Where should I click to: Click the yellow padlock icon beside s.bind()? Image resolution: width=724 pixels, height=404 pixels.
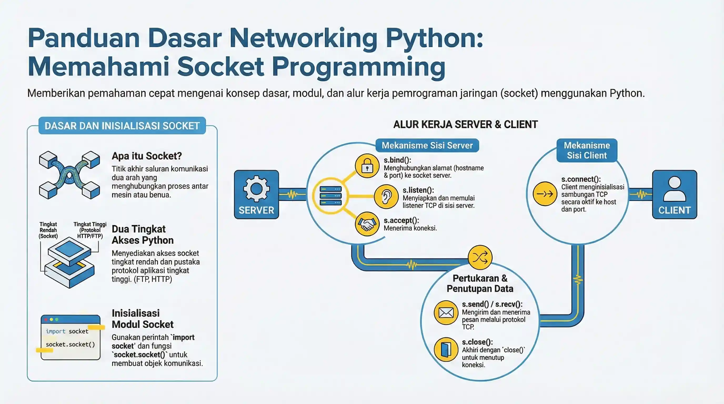367,166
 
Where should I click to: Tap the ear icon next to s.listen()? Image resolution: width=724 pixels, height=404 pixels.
386,196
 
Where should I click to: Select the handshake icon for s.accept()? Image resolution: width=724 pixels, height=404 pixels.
367,224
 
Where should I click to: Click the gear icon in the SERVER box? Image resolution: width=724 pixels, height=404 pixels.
256,189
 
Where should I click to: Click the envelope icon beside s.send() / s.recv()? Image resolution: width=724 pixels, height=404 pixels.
446,312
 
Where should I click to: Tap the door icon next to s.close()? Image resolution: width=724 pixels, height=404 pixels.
446,349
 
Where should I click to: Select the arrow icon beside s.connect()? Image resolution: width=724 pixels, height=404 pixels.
545,194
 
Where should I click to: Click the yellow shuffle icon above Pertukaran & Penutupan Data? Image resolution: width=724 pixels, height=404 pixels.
480,257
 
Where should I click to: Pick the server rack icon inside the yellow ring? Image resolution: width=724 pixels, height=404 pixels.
331,196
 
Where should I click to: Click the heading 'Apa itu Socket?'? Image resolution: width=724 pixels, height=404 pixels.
147,156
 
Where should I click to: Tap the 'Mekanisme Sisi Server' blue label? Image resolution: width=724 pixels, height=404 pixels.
427,145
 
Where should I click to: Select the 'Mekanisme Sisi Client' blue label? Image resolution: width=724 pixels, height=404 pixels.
587,150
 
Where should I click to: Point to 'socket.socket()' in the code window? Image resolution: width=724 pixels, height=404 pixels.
70,345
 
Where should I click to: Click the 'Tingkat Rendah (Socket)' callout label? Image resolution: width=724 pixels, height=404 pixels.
48,230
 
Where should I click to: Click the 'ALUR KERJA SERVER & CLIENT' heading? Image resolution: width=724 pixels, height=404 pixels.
465,124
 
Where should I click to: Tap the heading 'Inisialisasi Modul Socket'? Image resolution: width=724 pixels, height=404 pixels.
143,319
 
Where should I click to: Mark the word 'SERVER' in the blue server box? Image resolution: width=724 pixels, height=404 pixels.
256,210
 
